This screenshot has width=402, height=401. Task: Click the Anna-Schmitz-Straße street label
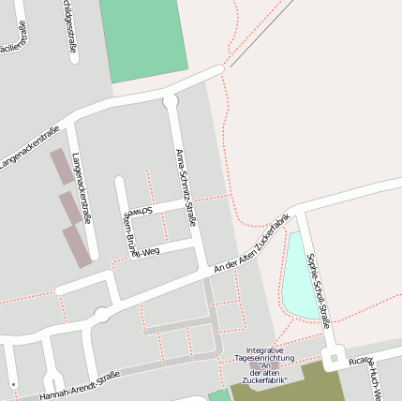pos(186,187)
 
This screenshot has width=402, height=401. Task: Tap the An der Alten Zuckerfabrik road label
pos(254,246)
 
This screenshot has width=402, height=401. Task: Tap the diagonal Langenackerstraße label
pos(29,148)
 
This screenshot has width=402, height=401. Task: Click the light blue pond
pos(298,276)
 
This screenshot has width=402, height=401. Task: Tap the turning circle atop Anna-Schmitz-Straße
pos(170,100)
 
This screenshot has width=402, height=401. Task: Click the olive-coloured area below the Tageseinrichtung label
pos(281,386)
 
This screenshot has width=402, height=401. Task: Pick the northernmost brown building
pos(60,166)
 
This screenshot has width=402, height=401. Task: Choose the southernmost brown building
pos(78,245)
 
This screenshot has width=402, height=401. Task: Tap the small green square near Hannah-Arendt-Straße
pos(218,395)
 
